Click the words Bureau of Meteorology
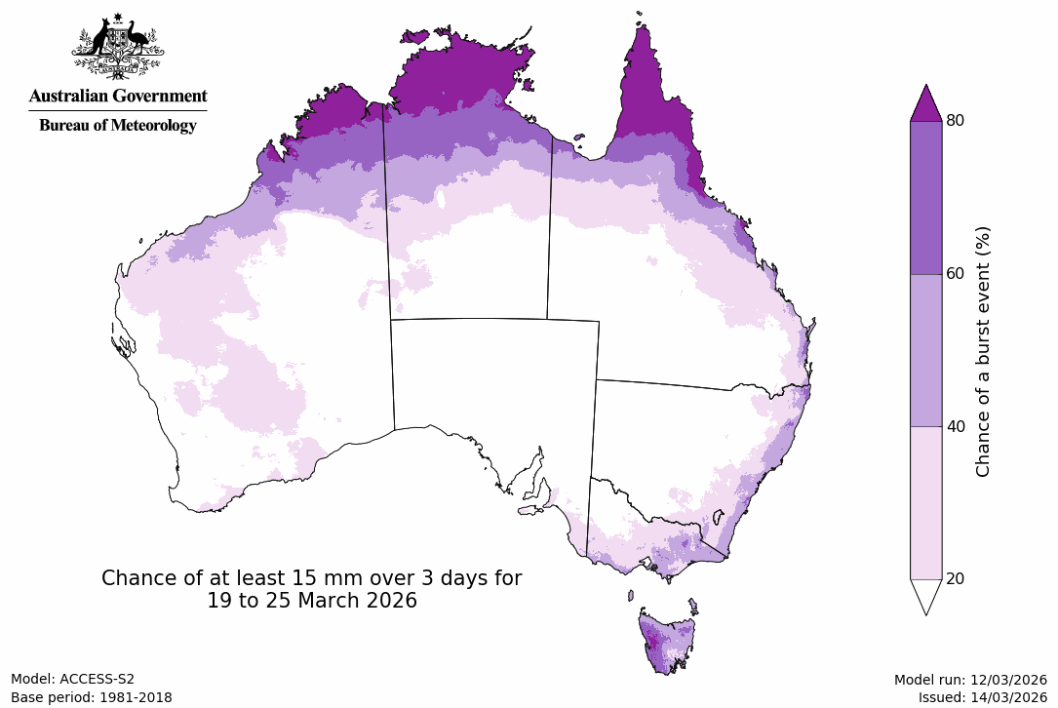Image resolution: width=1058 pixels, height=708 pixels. click(x=117, y=125)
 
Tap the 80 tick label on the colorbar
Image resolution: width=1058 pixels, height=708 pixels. click(x=956, y=121)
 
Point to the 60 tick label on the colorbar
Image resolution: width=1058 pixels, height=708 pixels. click(x=956, y=273)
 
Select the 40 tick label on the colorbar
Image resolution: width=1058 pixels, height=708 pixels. click(x=956, y=426)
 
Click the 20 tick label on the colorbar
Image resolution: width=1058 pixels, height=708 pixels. click(x=956, y=578)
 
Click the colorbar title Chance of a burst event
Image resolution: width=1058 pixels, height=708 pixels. click(x=983, y=351)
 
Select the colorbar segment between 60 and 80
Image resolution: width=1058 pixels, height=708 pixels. click(x=925, y=197)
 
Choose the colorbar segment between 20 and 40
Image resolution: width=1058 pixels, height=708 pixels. click(x=925, y=502)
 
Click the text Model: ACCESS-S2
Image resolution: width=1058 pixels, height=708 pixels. click(x=72, y=679)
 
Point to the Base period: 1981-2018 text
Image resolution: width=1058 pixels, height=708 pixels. click(x=91, y=697)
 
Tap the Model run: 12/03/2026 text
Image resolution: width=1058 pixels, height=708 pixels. click(x=970, y=680)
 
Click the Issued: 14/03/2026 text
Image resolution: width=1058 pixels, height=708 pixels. click(x=982, y=697)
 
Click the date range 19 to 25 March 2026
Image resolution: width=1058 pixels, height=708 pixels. click(x=312, y=602)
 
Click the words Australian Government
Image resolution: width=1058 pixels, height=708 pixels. click(x=117, y=96)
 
